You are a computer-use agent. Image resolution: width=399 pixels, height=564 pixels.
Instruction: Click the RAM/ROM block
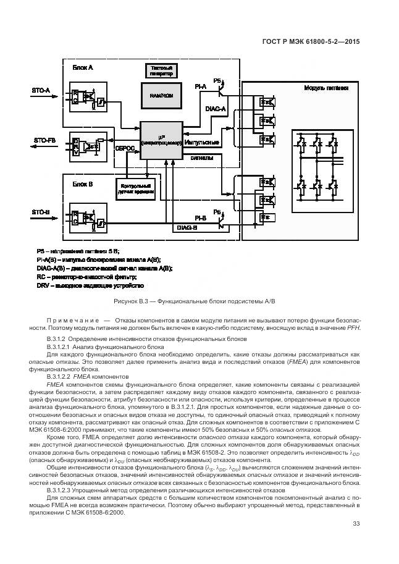coord(161,96)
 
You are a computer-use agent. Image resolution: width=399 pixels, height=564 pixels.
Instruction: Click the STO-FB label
coord(44,140)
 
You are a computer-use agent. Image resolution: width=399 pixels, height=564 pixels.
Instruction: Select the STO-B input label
coord(41,212)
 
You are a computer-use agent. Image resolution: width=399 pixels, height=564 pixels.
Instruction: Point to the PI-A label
coord(200,87)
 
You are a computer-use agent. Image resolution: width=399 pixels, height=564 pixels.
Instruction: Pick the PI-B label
coord(200,218)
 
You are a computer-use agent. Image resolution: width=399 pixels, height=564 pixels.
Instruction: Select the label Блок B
coord(83,183)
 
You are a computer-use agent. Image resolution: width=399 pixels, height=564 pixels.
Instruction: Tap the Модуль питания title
coord(326,88)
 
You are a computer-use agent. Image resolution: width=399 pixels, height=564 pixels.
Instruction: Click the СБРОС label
coord(125,148)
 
